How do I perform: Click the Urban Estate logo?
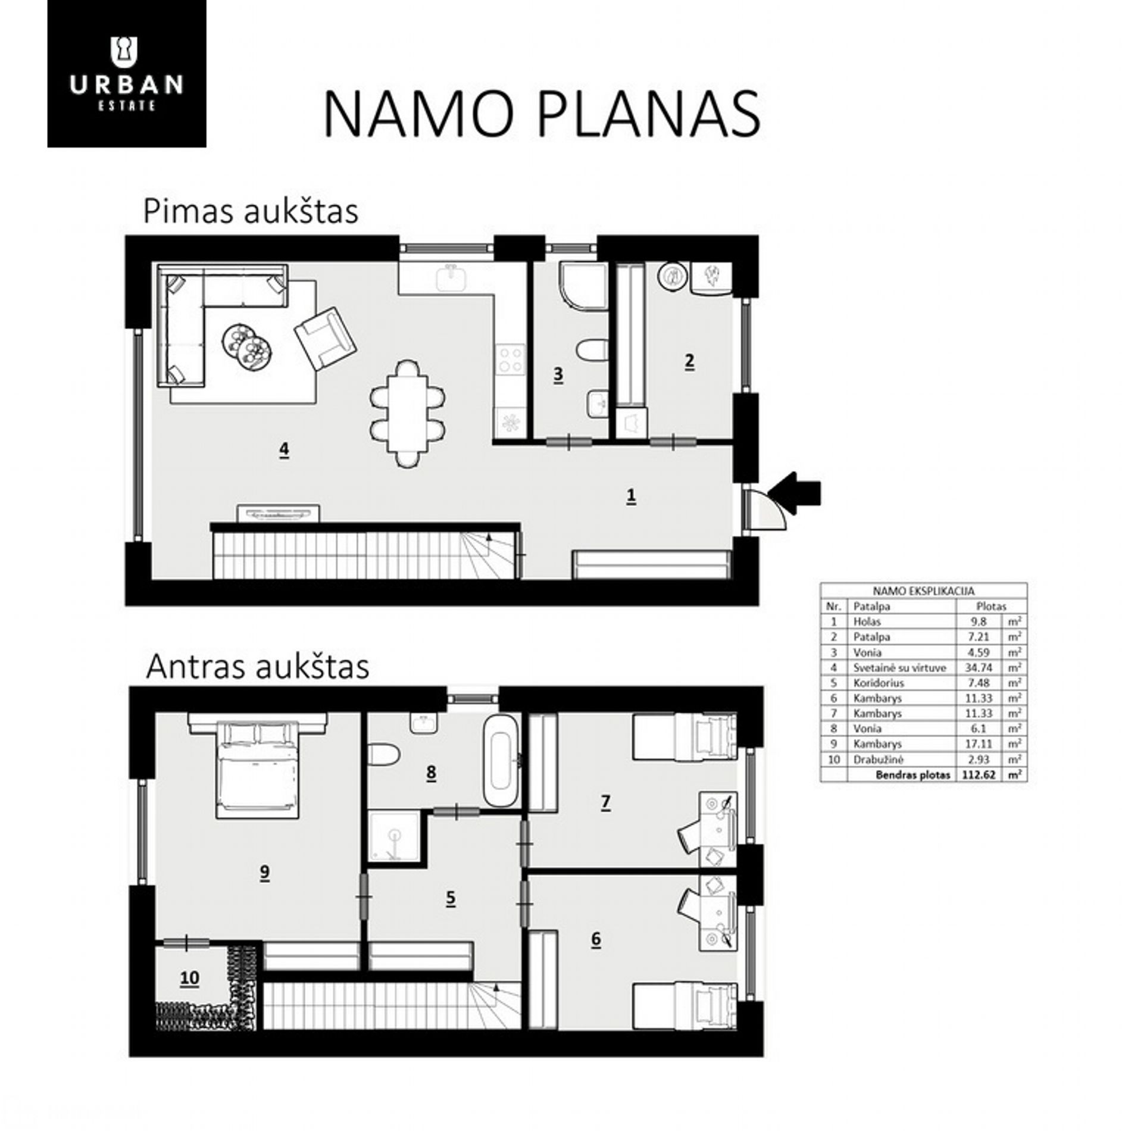tap(127, 73)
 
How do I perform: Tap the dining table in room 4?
tap(408, 413)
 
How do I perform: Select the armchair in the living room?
tap(325, 339)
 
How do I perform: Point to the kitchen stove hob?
tap(511, 360)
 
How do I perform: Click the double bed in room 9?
tap(258, 766)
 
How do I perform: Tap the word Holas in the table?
tap(867, 621)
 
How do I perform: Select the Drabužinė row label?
tap(878, 760)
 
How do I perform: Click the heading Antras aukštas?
tap(257, 667)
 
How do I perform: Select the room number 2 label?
tap(689, 361)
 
